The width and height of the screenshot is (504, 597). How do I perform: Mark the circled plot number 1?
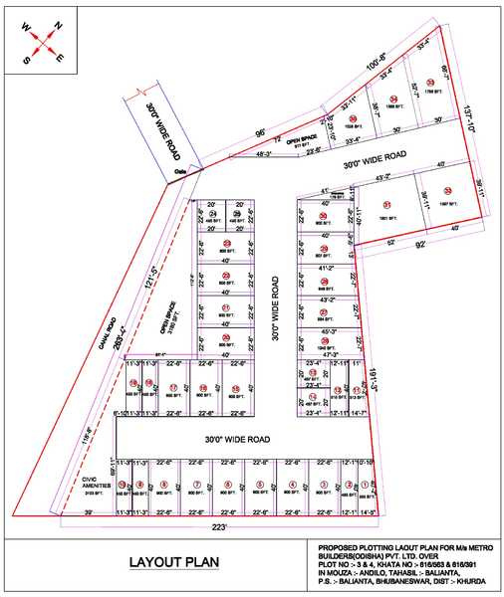[x=366, y=487]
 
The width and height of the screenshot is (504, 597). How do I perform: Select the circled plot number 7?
[x=196, y=486]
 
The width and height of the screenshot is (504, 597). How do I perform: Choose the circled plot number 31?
[x=387, y=204]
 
